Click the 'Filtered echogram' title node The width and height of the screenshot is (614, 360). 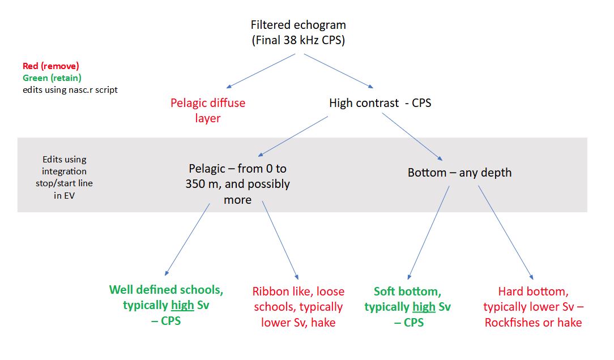coord(299,32)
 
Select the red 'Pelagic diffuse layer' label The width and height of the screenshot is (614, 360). coord(208,110)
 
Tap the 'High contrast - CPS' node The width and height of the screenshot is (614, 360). coord(380,103)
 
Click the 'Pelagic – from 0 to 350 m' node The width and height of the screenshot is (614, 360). coord(238,184)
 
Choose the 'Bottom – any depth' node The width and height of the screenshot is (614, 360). coord(460,173)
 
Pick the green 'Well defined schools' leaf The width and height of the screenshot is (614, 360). coord(167,305)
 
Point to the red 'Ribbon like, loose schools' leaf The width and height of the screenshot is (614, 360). coord(299,307)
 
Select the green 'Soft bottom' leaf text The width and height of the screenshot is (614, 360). coord(408,307)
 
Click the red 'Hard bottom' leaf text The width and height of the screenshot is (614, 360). coord(534,307)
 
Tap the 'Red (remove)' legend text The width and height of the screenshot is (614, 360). coord(51,66)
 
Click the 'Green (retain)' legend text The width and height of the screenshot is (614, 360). coord(52,78)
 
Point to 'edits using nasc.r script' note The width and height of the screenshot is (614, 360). coord(70,89)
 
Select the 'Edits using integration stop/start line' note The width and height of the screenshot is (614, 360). coord(64,177)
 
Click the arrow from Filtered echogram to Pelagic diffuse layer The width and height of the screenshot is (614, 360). coord(261,71)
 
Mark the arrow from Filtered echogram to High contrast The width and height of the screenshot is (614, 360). coord(339,71)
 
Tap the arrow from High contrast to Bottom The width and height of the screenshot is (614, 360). coord(412,137)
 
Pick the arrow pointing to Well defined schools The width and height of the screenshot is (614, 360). coord(187,239)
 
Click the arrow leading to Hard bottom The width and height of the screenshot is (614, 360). coord(506,233)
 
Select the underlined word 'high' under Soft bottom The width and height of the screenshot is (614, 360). coord(424,307)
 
